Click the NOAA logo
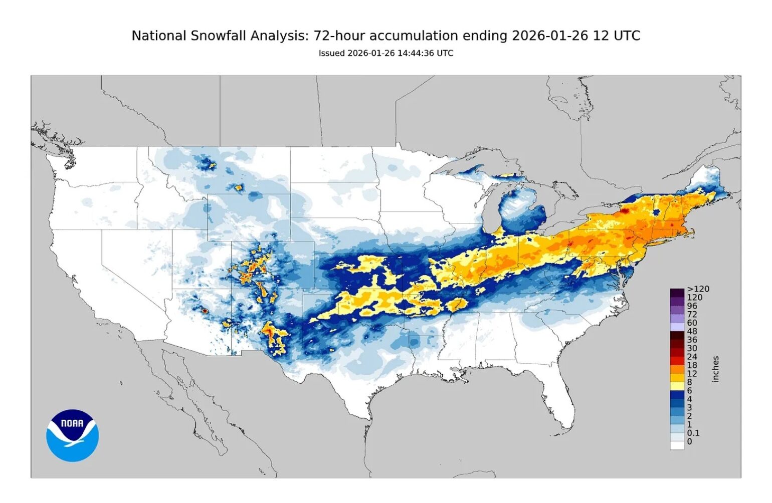72,435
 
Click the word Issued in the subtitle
331,53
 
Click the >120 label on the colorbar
698,289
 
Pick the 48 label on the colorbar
692,331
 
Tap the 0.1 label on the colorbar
693,433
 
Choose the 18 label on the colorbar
692,365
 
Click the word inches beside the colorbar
715,369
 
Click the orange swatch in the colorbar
677,369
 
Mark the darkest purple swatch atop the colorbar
677,293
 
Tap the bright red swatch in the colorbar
677,361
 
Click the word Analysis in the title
276,36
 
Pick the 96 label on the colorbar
692,306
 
